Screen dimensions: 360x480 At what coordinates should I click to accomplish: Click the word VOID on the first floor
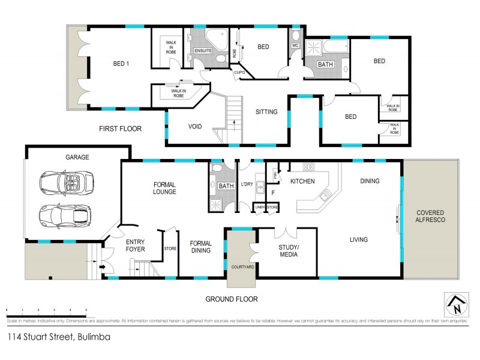click(195, 127)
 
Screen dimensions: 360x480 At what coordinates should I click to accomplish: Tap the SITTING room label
click(266, 112)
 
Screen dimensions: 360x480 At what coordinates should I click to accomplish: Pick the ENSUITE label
click(203, 50)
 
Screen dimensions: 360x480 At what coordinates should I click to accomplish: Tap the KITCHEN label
click(303, 181)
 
